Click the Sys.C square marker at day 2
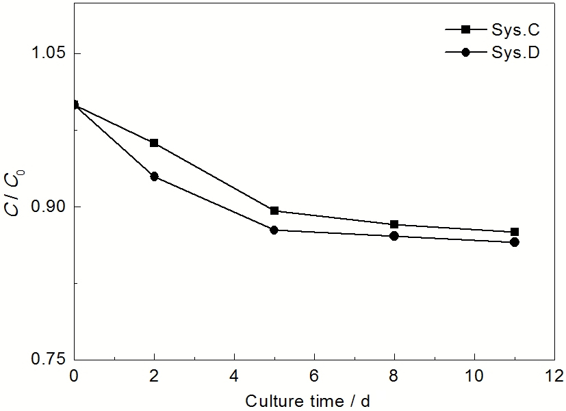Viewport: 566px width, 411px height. click(154, 143)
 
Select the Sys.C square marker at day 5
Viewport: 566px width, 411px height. click(274, 211)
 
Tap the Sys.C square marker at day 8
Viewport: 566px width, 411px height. click(394, 224)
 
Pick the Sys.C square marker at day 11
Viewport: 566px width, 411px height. click(515, 232)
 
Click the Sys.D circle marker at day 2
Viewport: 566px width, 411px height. click(154, 176)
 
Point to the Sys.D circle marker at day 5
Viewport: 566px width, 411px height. click(274, 230)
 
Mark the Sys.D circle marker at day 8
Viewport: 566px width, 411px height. click(394, 236)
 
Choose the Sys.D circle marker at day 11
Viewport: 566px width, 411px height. click(515, 242)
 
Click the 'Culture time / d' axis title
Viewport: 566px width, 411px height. click(308, 399)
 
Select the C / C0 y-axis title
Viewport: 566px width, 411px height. click(14, 194)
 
